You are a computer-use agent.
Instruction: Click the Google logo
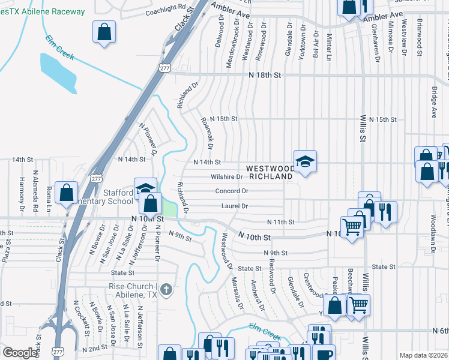20,353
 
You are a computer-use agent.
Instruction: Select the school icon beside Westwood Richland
305,161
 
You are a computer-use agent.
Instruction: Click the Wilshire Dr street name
226,177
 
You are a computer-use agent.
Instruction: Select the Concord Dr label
232,191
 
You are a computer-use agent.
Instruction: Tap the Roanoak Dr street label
208,130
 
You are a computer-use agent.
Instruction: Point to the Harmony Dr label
21,191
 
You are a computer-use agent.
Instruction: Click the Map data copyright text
423,355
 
